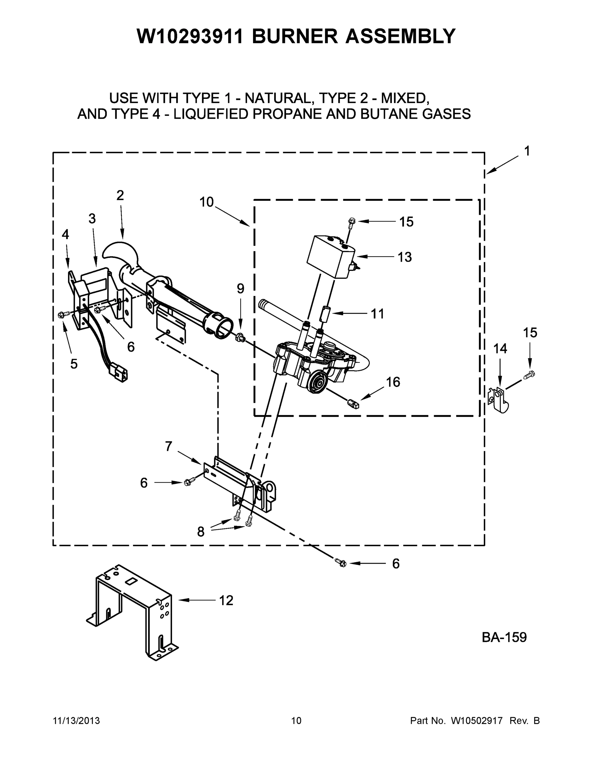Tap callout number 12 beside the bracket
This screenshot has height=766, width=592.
pos(226,600)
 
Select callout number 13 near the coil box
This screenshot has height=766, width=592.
pos(404,257)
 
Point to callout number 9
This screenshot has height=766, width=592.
pos(240,289)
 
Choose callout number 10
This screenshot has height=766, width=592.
pos(206,202)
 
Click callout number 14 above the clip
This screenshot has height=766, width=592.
pos(500,349)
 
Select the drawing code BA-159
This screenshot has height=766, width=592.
pos(504,637)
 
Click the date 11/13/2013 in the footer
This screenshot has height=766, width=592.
pos(77,720)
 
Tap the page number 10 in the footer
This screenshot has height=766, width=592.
pos(296,720)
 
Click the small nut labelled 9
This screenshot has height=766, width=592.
pos(240,337)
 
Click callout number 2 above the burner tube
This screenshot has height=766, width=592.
pos(120,195)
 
